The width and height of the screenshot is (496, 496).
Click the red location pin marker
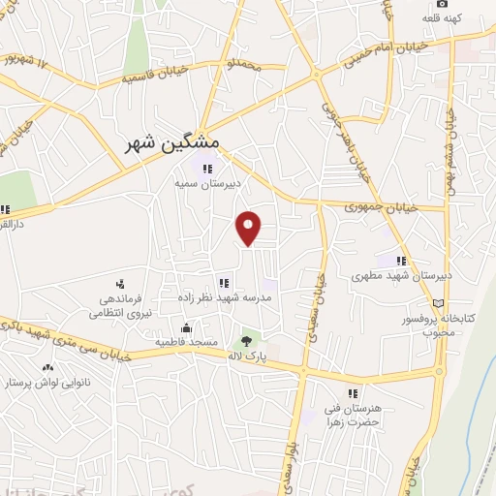[250, 228]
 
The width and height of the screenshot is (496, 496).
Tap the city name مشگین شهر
[173, 144]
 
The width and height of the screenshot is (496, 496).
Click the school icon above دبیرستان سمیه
[206, 169]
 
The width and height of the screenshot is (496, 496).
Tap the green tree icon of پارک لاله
[246, 341]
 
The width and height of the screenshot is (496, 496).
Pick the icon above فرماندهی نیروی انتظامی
[120, 284]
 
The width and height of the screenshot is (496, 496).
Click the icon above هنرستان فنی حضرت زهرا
[353, 393]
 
